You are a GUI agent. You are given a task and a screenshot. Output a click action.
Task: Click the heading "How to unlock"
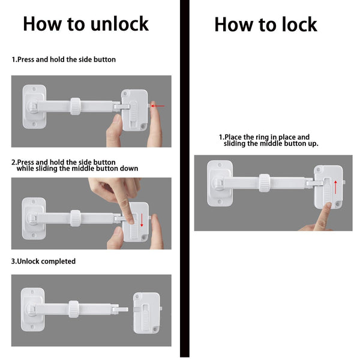pyautogui.click(x=85, y=24)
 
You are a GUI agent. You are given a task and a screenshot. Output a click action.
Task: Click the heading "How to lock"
pyautogui.click(x=265, y=25)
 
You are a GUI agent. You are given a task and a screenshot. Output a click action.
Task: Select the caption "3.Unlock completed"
pyautogui.click(x=44, y=262)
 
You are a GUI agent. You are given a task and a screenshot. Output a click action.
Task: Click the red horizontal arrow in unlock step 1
pyautogui.click(x=158, y=106)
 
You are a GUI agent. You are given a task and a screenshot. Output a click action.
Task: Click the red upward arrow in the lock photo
pyautogui.click(x=336, y=185)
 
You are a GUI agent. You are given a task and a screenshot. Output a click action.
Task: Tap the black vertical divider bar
pyautogui.click(x=184, y=180)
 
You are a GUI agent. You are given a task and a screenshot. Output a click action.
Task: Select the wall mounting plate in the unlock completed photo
pyautogui.click(x=33, y=310)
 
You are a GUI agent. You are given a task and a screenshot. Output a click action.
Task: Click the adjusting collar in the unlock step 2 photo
pyautogui.click(x=74, y=218)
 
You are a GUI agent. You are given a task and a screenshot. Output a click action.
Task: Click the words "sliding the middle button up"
pyautogui.click(x=271, y=144)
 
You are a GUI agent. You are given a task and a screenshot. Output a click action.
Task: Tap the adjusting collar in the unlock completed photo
pyautogui.click(x=73, y=308)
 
